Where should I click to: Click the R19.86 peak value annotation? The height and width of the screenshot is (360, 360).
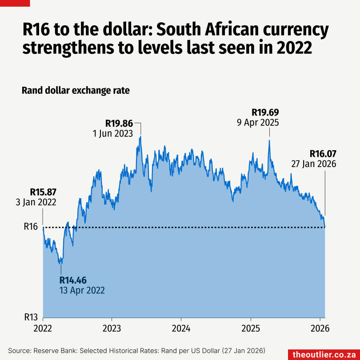119,123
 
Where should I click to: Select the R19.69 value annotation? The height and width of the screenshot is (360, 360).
265,112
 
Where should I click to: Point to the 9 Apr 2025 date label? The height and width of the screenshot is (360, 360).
258,122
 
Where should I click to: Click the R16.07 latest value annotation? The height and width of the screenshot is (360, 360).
323,154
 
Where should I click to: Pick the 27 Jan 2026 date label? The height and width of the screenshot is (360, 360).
313,164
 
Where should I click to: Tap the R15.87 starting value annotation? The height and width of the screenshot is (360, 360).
43,192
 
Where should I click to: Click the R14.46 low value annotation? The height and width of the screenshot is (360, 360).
73,280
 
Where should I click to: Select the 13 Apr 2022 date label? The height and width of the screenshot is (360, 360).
82,291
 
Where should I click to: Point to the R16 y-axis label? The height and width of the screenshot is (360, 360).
31,227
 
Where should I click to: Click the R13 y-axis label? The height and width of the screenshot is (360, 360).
31,318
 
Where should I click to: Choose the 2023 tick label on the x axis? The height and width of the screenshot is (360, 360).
112,329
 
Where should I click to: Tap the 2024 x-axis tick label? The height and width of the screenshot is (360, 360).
181,329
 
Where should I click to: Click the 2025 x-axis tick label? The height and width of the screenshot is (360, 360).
250,329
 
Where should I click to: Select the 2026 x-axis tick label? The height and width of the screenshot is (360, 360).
320,329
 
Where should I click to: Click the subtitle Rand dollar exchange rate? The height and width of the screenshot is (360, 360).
76,91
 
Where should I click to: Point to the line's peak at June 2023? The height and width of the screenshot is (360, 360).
140,137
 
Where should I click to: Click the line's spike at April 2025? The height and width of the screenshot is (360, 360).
269,141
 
